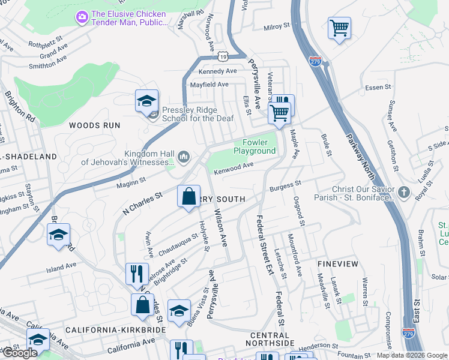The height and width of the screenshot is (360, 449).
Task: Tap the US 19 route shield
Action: pyautogui.click(x=223, y=56)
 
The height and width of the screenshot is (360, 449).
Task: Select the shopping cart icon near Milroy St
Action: pyautogui.click(x=339, y=28)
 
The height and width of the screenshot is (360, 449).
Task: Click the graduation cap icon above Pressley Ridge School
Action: pyautogui.click(x=146, y=101)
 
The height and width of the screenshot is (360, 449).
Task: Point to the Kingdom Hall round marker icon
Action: pyautogui.click(x=184, y=157)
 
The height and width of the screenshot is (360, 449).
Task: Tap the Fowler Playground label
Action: pyautogui.click(x=255, y=146)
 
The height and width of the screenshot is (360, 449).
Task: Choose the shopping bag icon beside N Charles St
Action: pyautogui.click(x=188, y=196)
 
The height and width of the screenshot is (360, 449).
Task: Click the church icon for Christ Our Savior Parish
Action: pyautogui.click(x=405, y=193)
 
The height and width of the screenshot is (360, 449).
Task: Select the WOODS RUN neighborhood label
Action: pyautogui.click(x=94, y=125)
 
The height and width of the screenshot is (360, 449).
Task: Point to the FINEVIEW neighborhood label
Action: pyautogui.click(x=337, y=264)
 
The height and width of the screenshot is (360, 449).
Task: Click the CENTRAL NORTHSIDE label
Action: pyautogui.click(x=270, y=339)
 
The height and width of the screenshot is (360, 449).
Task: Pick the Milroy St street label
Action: pyautogui.click(x=277, y=27)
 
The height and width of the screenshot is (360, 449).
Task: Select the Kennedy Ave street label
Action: pyautogui.click(x=217, y=71)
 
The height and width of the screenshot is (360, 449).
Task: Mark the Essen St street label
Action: pyautogui.click(x=378, y=87)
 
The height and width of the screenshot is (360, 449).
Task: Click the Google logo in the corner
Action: pyautogui.click(x=19, y=353)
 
